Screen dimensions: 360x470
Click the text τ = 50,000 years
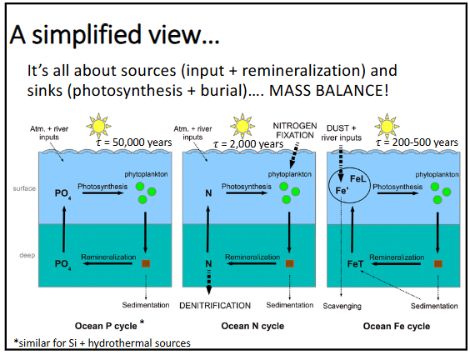coord(134,142)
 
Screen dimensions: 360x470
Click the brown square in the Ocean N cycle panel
coord(288,264)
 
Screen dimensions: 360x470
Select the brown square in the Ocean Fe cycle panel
coord(437,264)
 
